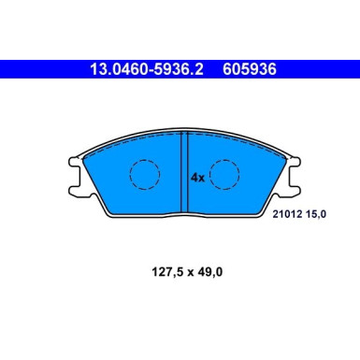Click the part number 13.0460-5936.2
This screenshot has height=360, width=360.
point(147,69)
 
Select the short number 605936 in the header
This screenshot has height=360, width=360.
point(250,69)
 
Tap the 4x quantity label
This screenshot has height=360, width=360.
point(197,178)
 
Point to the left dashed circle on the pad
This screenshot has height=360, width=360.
point(145,175)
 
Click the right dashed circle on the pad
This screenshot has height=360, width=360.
point(224,175)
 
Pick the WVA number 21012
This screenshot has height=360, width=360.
point(288,214)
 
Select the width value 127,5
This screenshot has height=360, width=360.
point(167,272)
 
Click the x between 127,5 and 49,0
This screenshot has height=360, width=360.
point(191,273)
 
